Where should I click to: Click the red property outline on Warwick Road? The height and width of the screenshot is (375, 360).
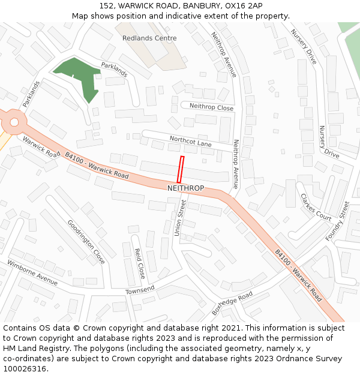click(180, 169)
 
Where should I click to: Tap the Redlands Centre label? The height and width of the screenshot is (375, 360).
click(149, 38)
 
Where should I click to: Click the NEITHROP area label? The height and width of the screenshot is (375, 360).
click(185, 188)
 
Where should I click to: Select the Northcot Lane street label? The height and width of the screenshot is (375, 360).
click(191, 141)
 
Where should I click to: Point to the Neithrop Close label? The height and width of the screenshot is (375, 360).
click(211, 107)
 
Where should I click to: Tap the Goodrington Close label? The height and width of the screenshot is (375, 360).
click(86, 241)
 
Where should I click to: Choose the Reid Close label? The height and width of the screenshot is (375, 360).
click(139, 263)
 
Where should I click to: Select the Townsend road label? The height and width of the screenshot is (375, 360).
click(140, 290)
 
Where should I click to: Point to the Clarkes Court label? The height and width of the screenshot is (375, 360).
click(316, 207)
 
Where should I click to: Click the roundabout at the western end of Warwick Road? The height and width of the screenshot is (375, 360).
click(12, 122)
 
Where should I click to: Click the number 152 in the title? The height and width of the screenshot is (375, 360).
click(109, 5)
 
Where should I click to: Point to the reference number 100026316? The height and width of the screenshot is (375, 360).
click(25, 369)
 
